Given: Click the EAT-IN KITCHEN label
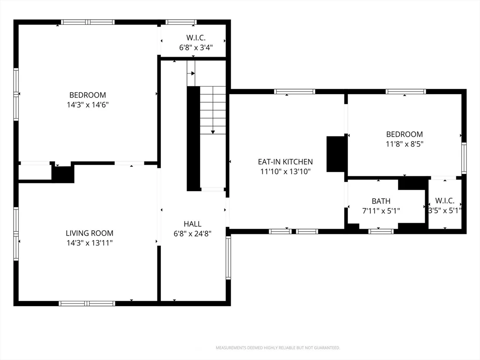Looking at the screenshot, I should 285,162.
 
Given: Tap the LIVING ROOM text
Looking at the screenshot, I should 89,233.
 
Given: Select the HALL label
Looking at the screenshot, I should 192,224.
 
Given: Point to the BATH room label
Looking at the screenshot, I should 381,201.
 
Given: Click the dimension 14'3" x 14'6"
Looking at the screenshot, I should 88,105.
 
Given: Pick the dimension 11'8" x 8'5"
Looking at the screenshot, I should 404,144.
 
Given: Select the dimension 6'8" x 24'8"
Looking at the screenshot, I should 192,233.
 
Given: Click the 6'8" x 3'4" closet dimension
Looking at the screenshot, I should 195,47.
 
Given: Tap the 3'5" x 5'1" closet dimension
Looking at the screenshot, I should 445,210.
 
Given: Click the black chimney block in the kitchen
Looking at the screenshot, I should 336,154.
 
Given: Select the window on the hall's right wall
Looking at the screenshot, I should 228,257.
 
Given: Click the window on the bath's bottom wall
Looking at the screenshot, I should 381,231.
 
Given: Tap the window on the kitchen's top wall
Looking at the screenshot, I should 294,91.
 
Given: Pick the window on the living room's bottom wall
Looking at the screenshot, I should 87,303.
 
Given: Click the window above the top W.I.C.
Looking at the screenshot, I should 181,22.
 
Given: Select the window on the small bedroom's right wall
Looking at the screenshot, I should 464,158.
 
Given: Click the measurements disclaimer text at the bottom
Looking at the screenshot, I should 277,348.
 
